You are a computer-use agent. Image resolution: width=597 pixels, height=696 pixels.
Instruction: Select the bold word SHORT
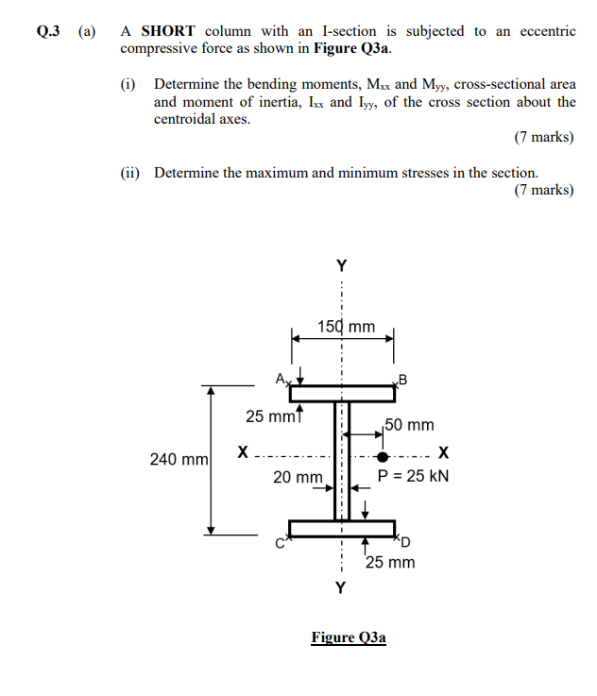coord(167,31)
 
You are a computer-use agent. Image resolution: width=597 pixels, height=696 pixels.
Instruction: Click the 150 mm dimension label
coord(346,327)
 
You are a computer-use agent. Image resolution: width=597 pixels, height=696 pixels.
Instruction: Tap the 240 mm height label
coord(179,460)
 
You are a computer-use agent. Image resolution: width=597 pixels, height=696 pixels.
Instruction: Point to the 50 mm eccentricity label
coord(409,426)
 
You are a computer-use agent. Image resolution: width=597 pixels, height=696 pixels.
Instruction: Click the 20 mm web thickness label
coord(298,477)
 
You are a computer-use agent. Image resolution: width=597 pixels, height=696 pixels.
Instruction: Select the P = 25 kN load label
coord(414,476)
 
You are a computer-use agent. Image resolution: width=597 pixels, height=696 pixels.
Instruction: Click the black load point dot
coord(382,457)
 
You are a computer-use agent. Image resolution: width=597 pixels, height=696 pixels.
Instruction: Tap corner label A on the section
coord(281,378)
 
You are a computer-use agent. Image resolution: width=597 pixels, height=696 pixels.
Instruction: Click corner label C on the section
coord(280,542)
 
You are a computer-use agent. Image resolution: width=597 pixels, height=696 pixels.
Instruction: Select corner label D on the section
coord(407,541)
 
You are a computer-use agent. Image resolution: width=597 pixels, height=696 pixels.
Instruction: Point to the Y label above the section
coord(341,265)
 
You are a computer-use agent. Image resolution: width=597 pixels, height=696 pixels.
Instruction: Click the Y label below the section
coord(341,589)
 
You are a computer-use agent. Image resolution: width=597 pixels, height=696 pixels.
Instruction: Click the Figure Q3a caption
coord(349,637)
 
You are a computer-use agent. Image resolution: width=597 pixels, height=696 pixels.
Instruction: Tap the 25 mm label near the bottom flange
coord(390,563)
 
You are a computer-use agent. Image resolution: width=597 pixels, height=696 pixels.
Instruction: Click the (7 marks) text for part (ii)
coord(544,190)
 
